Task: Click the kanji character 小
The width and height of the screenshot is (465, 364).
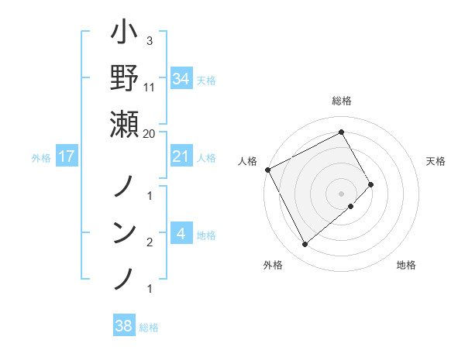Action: pos(125,36)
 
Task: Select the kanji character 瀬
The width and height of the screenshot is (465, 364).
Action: pos(125,123)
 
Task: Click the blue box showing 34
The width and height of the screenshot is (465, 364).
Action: pos(181,78)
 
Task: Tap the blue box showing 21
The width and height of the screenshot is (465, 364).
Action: pos(181,156)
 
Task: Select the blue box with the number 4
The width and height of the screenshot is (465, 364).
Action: pos(181,234)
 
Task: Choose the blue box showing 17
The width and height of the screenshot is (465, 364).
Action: pos(66,156)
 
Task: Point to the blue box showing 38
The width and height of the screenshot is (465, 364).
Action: pos(123,326)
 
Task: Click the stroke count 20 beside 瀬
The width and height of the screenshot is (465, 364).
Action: pos(150,133)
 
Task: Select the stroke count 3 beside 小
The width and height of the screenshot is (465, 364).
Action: pos(149,40)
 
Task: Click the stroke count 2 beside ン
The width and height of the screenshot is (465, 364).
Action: pos(149,243)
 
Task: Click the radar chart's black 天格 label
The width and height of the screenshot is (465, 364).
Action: pos(436,161)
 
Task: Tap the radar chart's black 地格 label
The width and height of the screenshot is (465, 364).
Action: pos(406,265)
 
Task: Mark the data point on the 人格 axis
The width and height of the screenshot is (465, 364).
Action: pos(267,170)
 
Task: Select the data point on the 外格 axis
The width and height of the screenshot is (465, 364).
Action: pos(305,245)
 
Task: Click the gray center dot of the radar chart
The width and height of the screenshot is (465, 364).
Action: pos(342,193)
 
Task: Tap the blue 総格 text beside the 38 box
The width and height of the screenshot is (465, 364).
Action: pos(149,328)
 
